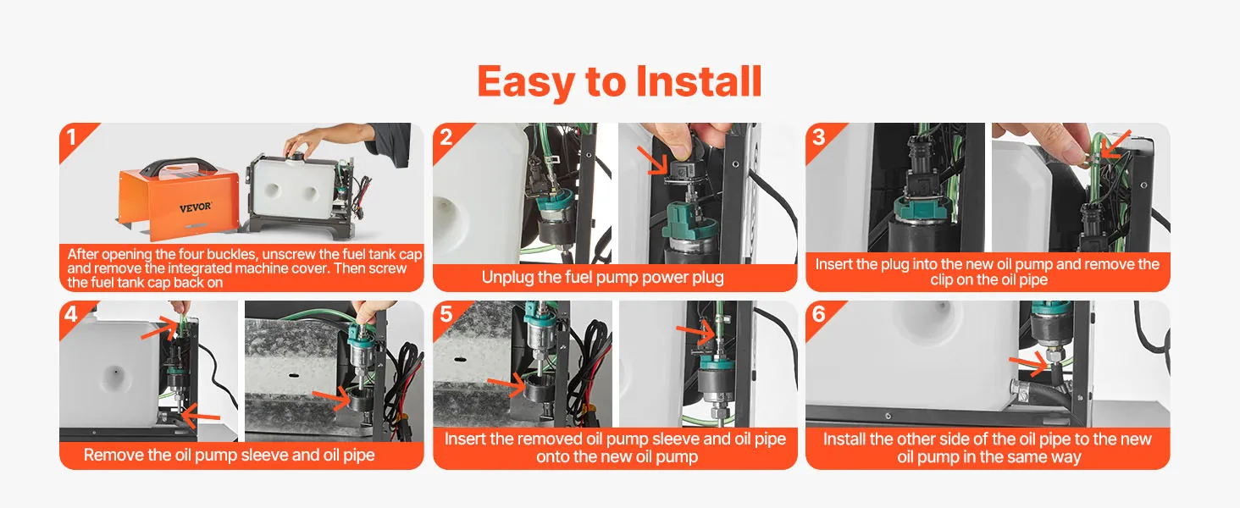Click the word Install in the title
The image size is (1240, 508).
coord(699,82)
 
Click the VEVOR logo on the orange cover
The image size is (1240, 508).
coord(195,207)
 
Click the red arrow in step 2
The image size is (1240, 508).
coord(653,160)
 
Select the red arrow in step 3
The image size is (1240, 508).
coord(1115,145)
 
